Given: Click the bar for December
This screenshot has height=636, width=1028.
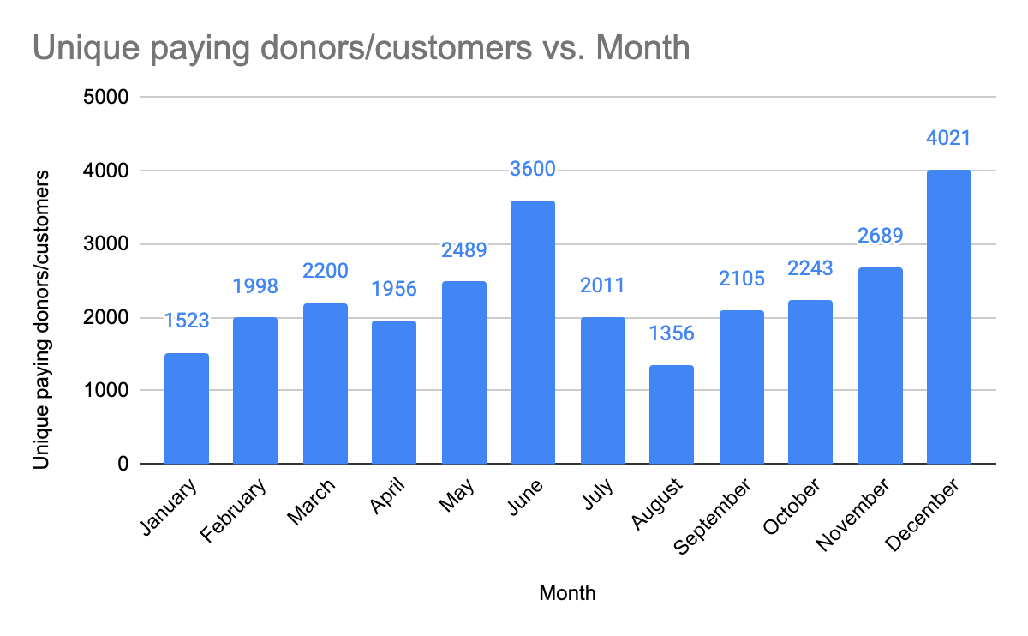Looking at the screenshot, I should tap(949, 317).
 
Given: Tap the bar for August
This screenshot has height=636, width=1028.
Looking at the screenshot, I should tap(672, 415).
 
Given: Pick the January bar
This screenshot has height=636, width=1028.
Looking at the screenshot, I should tap(186, 409).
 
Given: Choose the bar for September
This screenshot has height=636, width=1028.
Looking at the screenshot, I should tap(741, 387).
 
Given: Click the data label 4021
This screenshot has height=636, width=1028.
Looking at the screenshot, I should tap(949, 138).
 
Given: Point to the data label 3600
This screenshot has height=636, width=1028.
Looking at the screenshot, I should tap(533, 169).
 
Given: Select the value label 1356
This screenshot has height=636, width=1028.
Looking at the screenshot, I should tap(672, 333).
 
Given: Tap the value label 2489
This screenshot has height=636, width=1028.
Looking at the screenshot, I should tap(463, 250).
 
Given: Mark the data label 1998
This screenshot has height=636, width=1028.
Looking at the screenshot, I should tap(255, 286).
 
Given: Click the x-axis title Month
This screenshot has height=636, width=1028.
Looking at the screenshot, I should tap(567, 593).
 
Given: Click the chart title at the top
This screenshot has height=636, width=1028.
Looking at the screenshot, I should tap(361, 48).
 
